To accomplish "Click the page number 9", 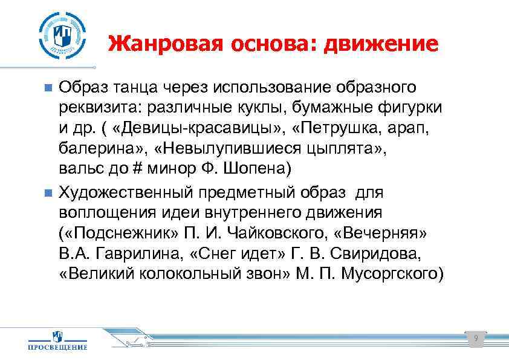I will [476, 339].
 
